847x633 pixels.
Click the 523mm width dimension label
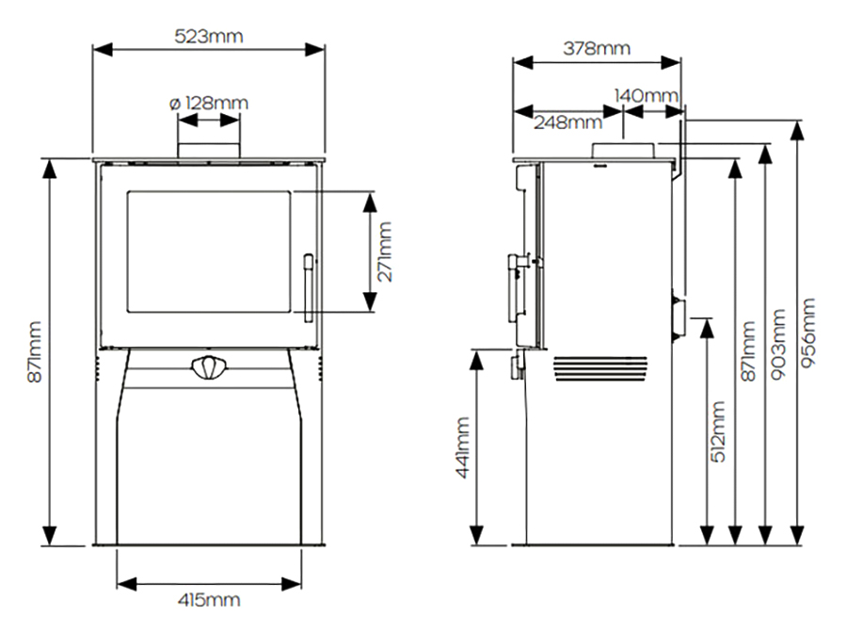point(209,36)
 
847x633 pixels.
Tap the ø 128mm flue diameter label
point(209,103)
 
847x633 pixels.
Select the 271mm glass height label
point(385,252)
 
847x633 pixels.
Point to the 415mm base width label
point(209,599)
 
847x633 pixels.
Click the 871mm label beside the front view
point(35,352)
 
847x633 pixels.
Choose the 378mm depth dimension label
point(597,48)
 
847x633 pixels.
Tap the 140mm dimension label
point(646,96)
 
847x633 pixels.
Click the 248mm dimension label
point(567,122)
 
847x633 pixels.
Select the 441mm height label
point(463,447)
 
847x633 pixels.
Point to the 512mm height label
point(718,432)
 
